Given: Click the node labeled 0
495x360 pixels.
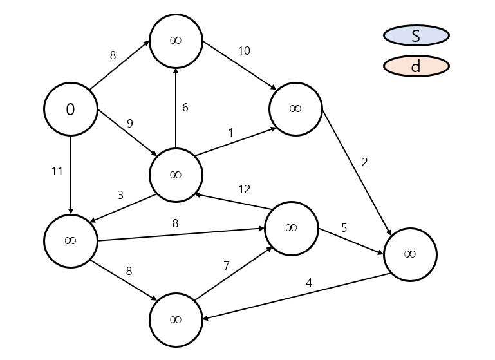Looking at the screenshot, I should (70, 109).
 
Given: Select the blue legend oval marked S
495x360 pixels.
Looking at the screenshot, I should (416, 35).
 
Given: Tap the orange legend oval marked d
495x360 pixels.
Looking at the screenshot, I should (416, 66).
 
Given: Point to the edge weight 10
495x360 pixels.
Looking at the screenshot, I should (244, 50).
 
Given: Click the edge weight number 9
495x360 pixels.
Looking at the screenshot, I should (130, 123).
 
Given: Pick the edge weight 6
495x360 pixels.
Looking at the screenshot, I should (185, 108).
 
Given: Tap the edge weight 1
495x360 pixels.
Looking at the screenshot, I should (231, 133).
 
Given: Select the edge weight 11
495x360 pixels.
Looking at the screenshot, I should (57, 171).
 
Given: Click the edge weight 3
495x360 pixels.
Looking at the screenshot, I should (120, 194).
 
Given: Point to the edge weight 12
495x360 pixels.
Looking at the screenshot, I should (244, 189).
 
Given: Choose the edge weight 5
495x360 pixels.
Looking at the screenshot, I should (344, 227).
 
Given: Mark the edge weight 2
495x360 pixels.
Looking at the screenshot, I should (364, 162).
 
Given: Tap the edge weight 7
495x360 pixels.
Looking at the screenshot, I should (226, 265).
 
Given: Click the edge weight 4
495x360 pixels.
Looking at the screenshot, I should (309, 282).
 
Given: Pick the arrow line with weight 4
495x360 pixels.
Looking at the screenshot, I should (296, 296).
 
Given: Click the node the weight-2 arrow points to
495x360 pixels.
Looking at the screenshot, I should (410, 254).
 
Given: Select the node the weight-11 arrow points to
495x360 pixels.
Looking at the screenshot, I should (70, 241).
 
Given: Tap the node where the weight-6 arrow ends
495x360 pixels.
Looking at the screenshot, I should (176, 40).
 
